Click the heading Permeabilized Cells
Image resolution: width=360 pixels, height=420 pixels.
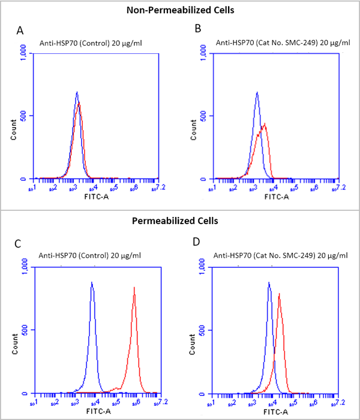pyautogui.click(x=179, y=221)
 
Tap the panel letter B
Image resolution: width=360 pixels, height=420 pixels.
pyautogui.click(x=197, y=29)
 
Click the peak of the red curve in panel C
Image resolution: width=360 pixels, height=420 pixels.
pyautogui.click(x=134, y=288)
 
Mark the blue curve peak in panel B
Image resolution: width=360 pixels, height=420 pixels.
pyautogui.click(x=257, y=92)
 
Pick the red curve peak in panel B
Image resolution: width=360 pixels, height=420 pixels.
pyautogui.click(x=265, y=124)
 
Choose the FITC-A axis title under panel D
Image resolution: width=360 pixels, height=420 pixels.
pyautogui.click(x=276, y=412)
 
